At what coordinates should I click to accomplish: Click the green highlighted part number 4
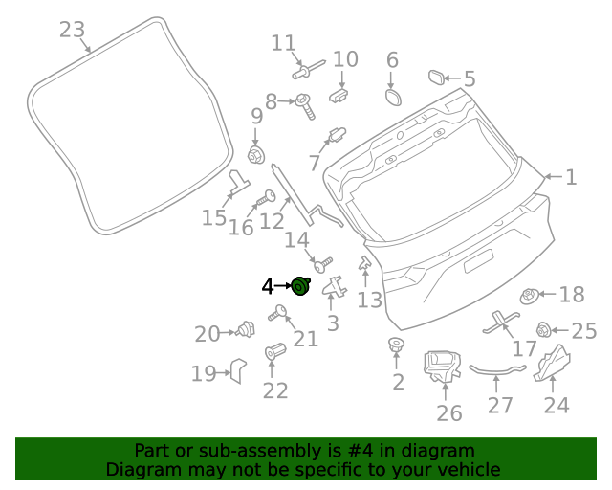coord(300,285)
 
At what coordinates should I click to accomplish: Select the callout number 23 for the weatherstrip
coord(72,30)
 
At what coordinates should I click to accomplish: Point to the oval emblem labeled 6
coord(393,98)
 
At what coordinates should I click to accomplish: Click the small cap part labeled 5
coord(433,78)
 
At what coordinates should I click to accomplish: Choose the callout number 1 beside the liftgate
coord(570,177)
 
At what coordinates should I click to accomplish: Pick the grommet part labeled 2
coord(395,345)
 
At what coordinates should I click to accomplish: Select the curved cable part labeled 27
coord(496,368)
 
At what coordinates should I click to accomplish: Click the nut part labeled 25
coord(544,331)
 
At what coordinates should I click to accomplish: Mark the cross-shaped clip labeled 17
coord(502,323)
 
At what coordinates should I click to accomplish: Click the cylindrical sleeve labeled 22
coord(275,352)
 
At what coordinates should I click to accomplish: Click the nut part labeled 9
coord(255,155)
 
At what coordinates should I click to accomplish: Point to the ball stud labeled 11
coord(305,70)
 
